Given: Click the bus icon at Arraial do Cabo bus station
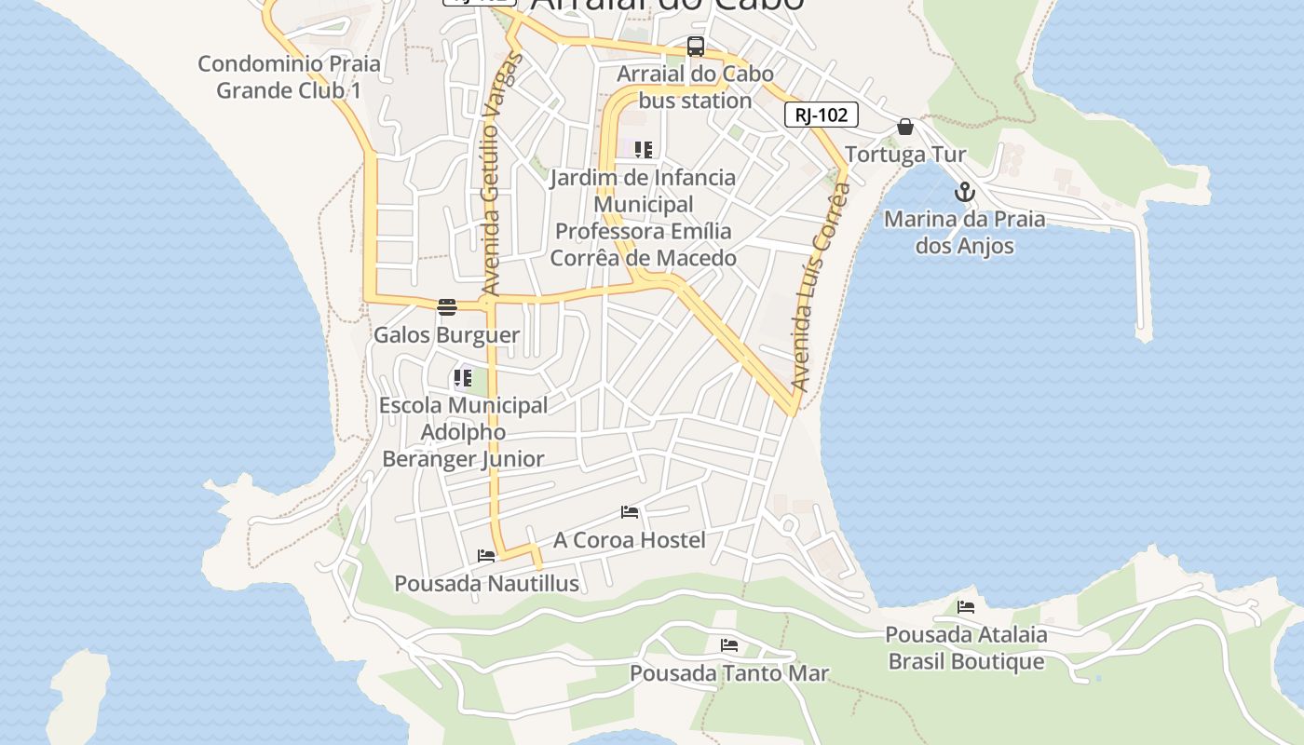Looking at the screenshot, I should (695, 47).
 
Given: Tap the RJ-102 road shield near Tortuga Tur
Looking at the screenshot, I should (821, 115).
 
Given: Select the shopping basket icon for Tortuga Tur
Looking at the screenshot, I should (905, 127).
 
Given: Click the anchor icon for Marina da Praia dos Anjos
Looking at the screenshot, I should (965, 193).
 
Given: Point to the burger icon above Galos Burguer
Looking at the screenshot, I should (447, 307).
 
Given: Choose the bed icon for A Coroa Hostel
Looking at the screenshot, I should (630, 512).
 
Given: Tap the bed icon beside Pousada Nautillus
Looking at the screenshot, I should (486, 556).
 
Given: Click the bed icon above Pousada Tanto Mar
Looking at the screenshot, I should (728, 644).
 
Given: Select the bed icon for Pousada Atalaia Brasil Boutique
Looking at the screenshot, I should (966, 607).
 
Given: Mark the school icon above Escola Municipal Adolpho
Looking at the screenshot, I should (462, 378).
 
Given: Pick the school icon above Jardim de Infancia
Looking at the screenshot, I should (643, 149).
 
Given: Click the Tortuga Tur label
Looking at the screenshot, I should (905, 154).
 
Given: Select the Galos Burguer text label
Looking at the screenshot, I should (446, 334).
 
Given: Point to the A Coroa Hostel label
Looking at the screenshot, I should (629, 540).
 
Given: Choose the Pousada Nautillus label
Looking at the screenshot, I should (486, 584).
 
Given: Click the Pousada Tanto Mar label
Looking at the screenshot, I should (728, 672).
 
